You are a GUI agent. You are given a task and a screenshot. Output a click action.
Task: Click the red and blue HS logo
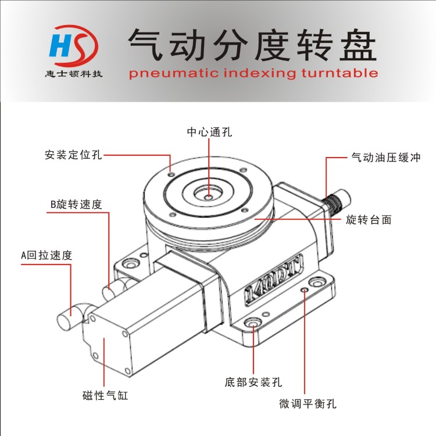73,46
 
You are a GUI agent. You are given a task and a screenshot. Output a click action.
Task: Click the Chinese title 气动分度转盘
252,45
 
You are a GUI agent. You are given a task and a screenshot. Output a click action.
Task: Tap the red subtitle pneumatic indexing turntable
253,73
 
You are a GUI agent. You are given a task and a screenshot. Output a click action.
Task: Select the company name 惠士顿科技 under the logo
74,74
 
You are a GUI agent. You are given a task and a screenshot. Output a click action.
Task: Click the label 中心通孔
209,132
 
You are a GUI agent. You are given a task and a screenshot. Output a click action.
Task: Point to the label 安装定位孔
73,155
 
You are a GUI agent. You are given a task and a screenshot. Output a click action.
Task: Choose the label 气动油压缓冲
386,158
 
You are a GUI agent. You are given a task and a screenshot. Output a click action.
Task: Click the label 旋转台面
369,220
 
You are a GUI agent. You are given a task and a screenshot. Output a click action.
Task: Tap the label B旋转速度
76,205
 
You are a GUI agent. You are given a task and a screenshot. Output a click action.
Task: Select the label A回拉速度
47,255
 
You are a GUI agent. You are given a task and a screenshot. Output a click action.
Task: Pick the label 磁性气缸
105,395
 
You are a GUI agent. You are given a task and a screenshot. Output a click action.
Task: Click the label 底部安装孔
253,382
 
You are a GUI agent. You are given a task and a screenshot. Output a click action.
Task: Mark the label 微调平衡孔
308,403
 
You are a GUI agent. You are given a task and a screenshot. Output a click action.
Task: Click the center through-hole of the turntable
209,197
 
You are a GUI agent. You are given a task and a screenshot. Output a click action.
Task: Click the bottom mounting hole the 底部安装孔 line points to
253,324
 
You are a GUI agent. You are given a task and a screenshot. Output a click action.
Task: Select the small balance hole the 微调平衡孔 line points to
305,290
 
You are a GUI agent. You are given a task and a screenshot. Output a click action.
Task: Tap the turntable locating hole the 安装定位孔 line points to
171,174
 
